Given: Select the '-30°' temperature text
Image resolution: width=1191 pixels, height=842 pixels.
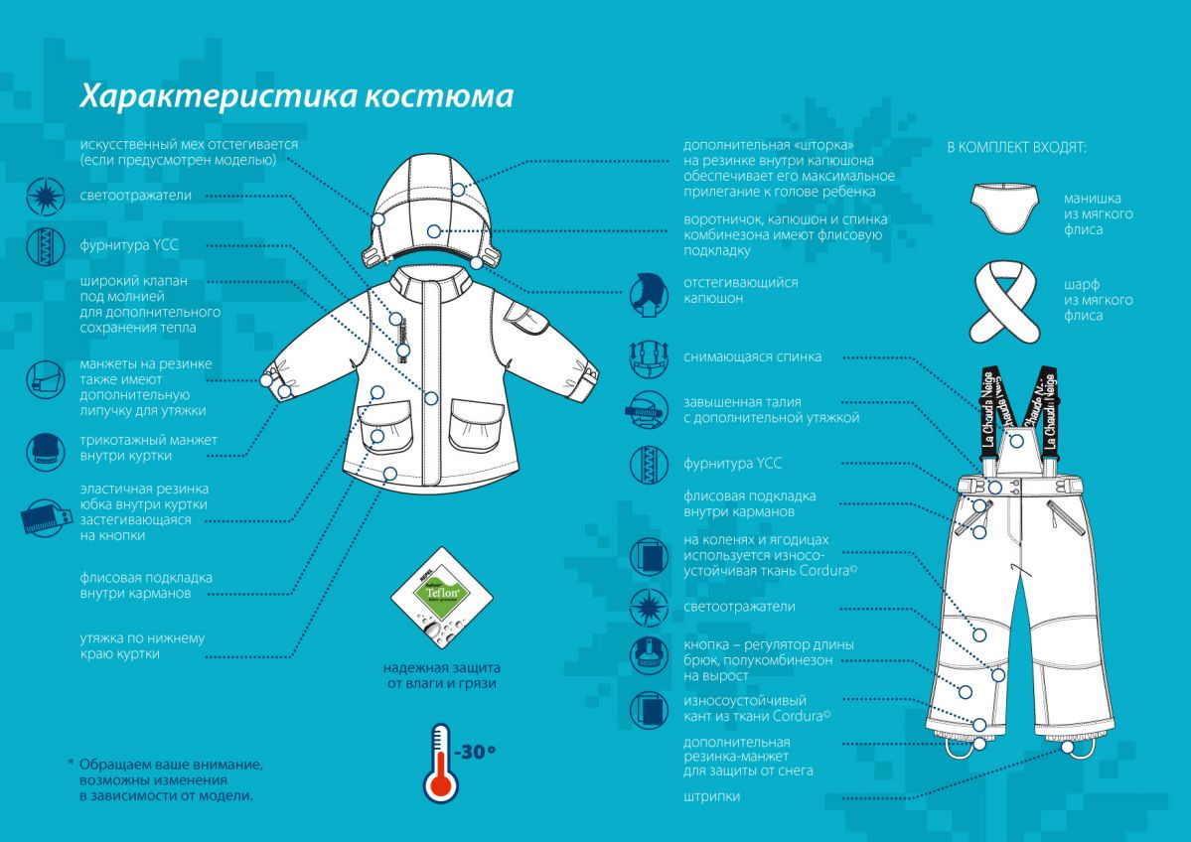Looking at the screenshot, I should pyautogui.click(x=476, y=752).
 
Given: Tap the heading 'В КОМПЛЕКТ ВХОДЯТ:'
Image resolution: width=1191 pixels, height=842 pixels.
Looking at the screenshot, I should pyautogui.click(x=1016, y=148).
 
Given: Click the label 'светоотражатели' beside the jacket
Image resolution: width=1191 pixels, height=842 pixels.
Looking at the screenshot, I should pyautogui.click(x=136, y=196).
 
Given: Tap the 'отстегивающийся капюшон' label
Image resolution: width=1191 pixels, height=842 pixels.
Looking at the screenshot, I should pyautogui.click(x=740, y=290).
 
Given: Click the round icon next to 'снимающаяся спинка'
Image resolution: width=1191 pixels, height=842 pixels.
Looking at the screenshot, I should pyautogui.click(x=647, y=357).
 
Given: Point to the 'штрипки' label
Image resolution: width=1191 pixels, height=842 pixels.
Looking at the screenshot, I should pyautogui.click(x=711, y=796).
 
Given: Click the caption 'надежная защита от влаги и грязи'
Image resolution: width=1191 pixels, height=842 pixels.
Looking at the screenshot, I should pyautogui.click(x=442, y=674).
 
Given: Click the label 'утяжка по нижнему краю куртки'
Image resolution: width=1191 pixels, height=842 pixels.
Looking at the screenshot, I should pyautogui.click(x=142, y=645).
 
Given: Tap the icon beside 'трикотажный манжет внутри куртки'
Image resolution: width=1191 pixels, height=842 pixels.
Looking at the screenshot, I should pyautogui.click(x=46, y=450).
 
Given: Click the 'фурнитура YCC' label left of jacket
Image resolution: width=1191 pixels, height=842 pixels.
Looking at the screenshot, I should pyautogui.click(x=129, y=244).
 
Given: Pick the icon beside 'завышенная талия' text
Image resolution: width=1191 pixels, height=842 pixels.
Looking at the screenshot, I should pyautogui.click(x=647, y=410).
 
